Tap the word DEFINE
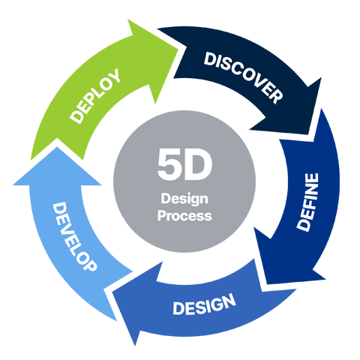pos(307,202)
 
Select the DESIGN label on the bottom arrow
pos(204,304)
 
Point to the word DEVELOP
pos(74,236)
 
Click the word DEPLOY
pos(95,96)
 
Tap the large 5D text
pos(184,164)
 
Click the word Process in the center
pos(184,216)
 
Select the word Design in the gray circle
pos(184,199)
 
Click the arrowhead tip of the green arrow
pos(178,49)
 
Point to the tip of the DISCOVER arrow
pos(308,134)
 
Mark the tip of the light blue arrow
pos(57,147)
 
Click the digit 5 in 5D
pos(169,164)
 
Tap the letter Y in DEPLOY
pos(113,76)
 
